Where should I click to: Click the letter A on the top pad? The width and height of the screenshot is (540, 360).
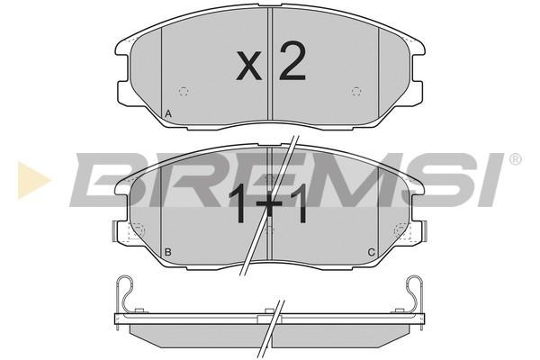(x=167, y=114)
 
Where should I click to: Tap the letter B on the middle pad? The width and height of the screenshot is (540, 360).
(x=167, y=252)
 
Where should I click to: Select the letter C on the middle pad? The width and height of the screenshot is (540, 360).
(x=371, y=253)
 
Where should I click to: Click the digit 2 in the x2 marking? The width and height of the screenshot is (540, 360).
(x=292, y=61)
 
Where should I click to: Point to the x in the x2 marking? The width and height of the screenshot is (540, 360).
(x=249, y=66)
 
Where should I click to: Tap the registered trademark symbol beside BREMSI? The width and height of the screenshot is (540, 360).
(x=515, y=159)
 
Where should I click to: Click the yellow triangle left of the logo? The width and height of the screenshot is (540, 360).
(x=33, y=180)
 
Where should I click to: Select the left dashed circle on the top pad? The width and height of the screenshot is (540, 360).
(x=184, y=92)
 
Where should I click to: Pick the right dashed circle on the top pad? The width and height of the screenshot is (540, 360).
(x=356, y=92)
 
